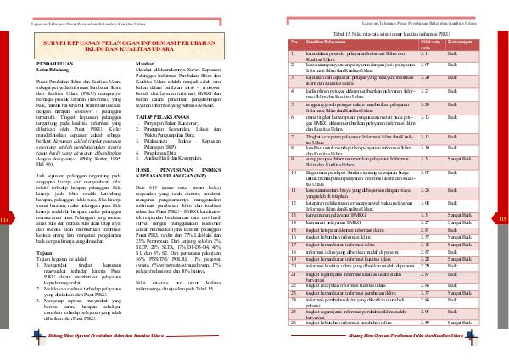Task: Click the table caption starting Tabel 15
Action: [390, 31]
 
